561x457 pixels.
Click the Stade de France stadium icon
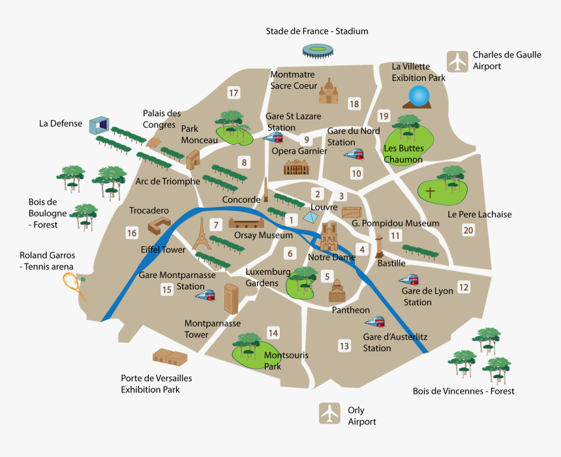tap(317, 50)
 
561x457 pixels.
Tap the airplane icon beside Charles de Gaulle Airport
tap(457, 61)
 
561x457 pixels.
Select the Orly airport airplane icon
tap(329, 413)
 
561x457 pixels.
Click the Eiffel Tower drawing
tap(202, 233)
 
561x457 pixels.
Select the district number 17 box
tap(233, 93)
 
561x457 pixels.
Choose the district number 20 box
tap(468, 230)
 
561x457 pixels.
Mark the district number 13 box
tap(344, 346)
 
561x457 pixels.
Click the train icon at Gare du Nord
tap(354, 154)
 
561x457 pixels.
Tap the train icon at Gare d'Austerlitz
tap(375, 322)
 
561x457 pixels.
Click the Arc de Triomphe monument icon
tap(193, 159)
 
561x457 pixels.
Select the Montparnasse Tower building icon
tap(231, 298)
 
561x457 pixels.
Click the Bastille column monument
tap(379, 246)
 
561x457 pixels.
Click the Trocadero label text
tap(149, 210)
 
